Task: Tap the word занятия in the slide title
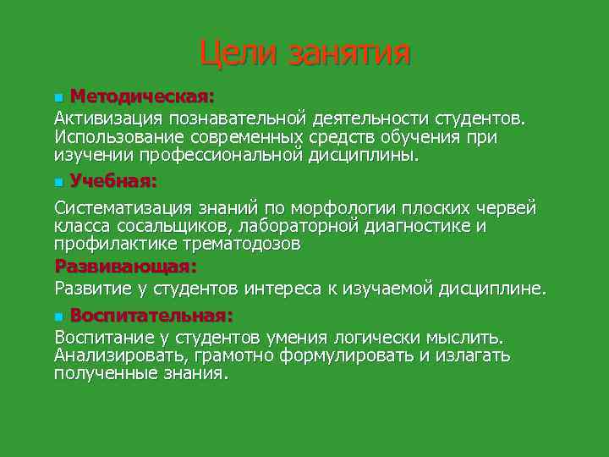[x=349, y=53]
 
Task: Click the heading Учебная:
[x=113, y=180]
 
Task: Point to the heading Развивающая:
[x=125, y=267]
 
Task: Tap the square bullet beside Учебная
[x=58, y=181]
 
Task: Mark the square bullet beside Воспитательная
[x=58, y=317]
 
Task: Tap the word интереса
[x=283, y=289]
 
